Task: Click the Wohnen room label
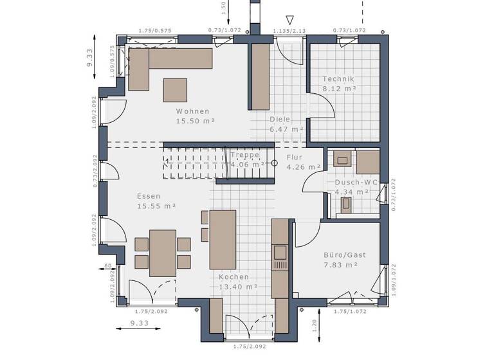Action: coord(192,111)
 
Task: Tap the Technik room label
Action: coord(338,79)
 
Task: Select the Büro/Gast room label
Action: coord(344,255)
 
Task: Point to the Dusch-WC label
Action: coord(352,182)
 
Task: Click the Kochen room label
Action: coord(233,277)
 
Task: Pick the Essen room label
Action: coord(149,196)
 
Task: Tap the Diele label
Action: coord(280,119)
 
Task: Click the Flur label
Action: coord(294,157)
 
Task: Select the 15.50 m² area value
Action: coord(195,120)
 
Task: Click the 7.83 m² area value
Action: coord(341,264)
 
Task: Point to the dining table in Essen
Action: coord(163,253)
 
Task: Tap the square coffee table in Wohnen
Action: coord(175,89)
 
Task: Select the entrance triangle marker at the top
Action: coord(290,21)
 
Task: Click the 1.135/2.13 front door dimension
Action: coord(289,30)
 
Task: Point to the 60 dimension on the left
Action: coord(109,265)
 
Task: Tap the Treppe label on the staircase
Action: coord(245,155)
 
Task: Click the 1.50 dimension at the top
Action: coord(223,8)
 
